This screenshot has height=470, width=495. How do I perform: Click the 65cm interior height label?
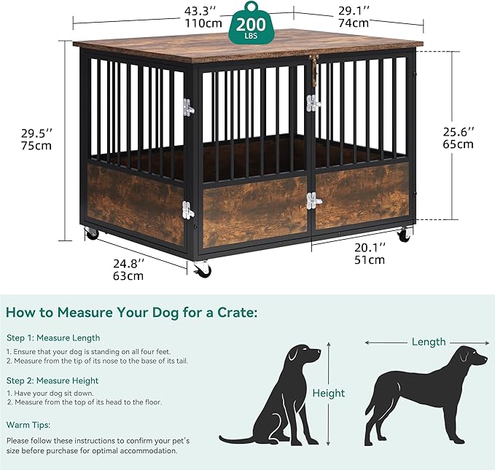point(460,144)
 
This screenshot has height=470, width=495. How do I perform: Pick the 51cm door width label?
point(370,259)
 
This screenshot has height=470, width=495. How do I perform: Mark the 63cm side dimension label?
point(128,275)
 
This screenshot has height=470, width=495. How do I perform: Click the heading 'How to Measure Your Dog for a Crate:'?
point(131,313)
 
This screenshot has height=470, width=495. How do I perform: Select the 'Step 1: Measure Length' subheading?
point(53,338)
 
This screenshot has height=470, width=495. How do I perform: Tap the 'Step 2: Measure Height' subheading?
point(52,380)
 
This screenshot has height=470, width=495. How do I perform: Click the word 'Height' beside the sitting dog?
point(329,393)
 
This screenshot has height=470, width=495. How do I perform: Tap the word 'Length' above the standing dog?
point(429,342)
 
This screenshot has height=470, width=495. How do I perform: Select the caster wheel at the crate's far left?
point(92,233)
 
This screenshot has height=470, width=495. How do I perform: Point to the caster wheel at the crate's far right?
point(403,235)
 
